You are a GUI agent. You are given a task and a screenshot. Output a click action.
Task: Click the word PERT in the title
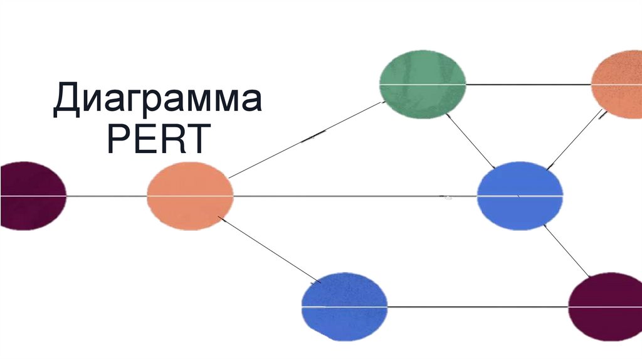[157, 140]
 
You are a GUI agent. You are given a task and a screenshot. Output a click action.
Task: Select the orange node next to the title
[190, 196]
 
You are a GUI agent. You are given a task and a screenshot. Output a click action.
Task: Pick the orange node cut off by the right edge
[618, 85]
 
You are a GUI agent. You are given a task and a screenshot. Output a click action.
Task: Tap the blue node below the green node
[520, 196]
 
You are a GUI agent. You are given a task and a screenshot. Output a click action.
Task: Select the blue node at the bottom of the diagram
[344, 307]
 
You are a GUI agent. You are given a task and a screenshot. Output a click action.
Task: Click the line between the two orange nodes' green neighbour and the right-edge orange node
[529, 84]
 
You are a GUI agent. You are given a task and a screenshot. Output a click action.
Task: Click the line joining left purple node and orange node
[107, 196]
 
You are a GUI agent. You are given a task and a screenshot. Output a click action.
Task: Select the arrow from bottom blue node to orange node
[268, 248]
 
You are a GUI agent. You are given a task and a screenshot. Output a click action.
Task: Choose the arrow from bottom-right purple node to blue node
[566, 250]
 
